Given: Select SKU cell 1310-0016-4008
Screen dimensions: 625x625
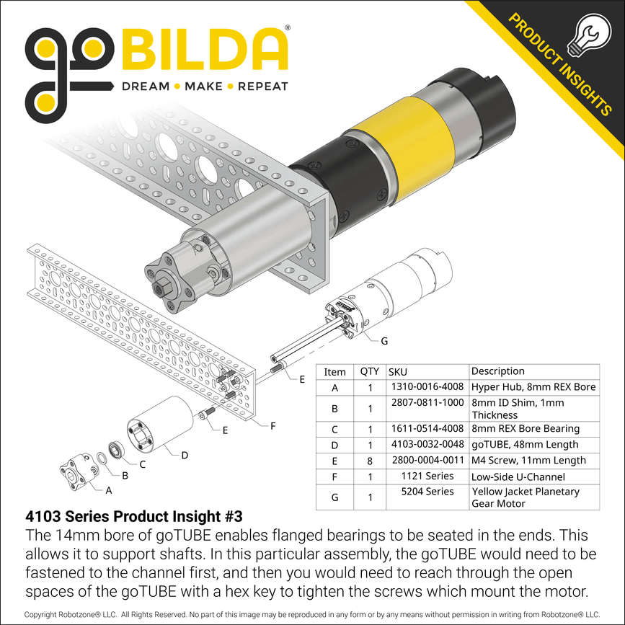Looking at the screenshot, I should [428, 387].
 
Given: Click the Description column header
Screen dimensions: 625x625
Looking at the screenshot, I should [497, 371].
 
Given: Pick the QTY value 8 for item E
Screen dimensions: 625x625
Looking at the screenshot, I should [370, 461].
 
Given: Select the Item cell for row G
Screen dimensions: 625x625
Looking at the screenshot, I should [334, 497].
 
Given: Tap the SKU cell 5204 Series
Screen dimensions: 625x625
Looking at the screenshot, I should [428, 492].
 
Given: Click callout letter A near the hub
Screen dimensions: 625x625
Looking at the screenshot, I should [109, 490].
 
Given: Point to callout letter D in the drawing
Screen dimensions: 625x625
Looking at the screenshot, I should [185, 454].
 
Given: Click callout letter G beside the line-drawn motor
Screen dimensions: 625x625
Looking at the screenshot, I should [384, 341].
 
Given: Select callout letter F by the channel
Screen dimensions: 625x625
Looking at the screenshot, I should [272, 426].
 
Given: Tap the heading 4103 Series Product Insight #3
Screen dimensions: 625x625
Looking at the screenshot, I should [133, 517].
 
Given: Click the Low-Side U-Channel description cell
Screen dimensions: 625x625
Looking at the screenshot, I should [508, 476].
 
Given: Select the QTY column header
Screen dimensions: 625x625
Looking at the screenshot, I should [370, 372].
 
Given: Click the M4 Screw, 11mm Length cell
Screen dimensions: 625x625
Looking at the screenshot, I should [518, 461].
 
